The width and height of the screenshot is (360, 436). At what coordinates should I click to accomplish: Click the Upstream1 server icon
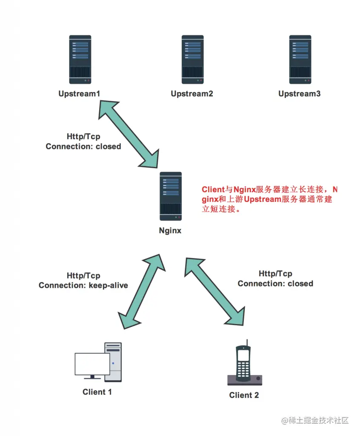80,60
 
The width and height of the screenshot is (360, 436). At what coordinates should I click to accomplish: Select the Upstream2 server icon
192,60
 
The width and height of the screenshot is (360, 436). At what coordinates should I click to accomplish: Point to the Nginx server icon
171,196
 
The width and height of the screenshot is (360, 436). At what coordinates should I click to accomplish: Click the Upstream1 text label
80,93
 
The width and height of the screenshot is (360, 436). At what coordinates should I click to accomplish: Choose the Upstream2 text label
192,93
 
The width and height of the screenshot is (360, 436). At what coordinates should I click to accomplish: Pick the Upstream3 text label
300,93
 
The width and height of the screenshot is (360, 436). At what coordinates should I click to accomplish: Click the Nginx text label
170,231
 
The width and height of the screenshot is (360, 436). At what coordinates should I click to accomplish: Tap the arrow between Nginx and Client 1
141,292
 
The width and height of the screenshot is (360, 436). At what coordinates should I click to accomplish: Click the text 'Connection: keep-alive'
83,285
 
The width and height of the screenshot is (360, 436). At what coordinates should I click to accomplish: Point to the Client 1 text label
97,392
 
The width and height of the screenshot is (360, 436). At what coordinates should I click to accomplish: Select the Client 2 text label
244,395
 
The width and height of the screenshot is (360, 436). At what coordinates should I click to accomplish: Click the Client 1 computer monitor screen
92,364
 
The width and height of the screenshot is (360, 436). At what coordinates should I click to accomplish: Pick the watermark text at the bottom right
315,421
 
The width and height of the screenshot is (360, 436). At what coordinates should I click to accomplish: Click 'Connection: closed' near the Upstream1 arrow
83,146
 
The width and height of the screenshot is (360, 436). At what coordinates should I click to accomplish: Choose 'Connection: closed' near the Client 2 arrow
275,284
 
